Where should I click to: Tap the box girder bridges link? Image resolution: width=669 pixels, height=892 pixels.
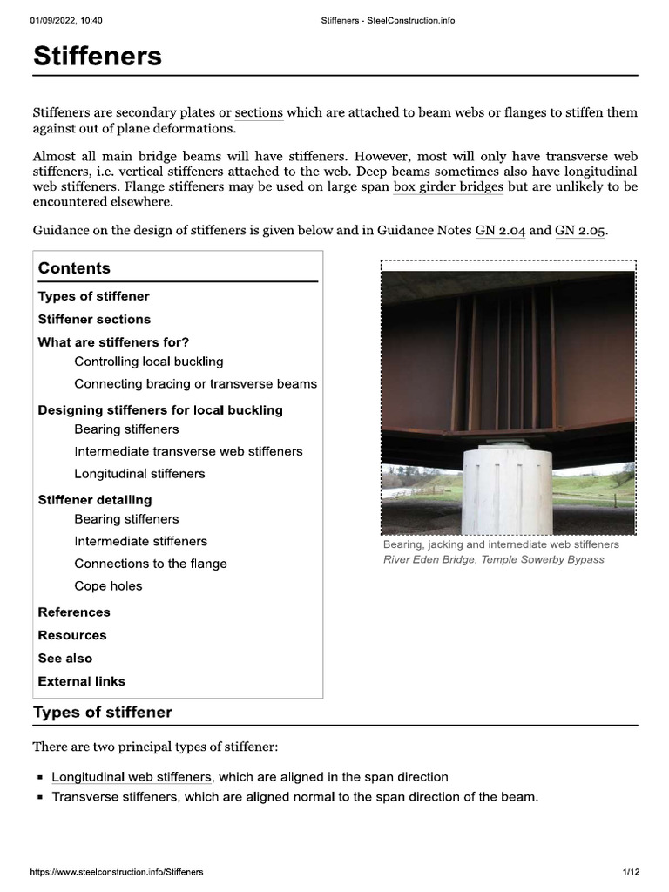tap(448, 186)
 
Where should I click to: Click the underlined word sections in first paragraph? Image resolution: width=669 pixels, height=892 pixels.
tap(259, 113)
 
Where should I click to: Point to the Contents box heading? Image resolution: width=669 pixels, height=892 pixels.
tap(74, 268)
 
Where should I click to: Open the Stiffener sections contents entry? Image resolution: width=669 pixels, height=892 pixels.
tap(94, 319)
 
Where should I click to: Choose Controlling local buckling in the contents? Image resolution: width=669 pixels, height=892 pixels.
tap(149, 361)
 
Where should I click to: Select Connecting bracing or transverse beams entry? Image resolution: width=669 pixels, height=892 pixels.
tap(195, 383)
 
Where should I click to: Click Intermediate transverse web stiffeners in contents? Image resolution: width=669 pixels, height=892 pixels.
tap(188, 451)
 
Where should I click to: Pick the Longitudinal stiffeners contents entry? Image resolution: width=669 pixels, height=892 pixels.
tap(139, 474)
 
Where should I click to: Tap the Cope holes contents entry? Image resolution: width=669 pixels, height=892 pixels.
tap(108, 586)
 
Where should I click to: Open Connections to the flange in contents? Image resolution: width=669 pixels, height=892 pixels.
tap(150, 564)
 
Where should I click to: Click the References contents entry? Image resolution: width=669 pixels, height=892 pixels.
tap(74, 612)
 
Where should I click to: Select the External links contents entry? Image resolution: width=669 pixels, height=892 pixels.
tap(81, 681)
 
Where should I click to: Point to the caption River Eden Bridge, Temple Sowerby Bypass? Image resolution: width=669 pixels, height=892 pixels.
tap(493, 559)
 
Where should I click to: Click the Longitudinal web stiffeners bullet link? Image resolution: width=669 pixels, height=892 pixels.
tap(132, 776)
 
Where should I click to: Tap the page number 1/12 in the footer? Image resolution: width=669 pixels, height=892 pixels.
tap(631, 872)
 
